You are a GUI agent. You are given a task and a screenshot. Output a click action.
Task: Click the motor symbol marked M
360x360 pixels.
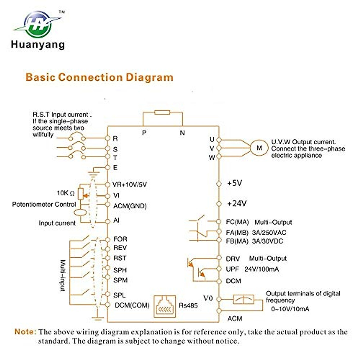(259, 148)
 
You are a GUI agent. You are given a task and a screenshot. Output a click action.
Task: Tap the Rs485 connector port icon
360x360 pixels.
(165, 306)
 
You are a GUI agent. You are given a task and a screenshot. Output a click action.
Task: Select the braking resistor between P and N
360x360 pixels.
(162, 112)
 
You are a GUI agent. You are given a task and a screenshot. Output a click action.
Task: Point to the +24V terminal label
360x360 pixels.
(236, 204)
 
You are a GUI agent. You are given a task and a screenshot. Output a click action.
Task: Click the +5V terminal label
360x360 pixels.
(234, 183)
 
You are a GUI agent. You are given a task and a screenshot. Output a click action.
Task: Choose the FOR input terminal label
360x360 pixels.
(120, 239)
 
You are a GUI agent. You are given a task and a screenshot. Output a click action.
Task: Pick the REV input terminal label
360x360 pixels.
(120, 248)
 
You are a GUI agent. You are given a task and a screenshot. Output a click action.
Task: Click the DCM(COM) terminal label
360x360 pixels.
(132, 305)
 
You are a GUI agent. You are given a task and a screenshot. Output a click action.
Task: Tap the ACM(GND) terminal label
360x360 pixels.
(130, 206)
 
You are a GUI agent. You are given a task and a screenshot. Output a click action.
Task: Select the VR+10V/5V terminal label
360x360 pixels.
(129, 184)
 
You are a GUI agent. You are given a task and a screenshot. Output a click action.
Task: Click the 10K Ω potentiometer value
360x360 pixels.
(65, 193)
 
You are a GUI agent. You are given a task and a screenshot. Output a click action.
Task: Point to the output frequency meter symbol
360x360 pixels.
(244, 299)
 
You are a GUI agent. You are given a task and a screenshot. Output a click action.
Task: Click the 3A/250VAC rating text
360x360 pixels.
(269, 232)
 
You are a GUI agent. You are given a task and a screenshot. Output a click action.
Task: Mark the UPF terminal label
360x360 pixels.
(232, 269)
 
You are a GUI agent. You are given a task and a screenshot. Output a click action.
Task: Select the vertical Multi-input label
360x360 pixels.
(63, 275)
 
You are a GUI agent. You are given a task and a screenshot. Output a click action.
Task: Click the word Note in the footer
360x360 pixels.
(25, 332)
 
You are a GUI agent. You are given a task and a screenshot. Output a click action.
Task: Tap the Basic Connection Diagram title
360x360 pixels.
(99, 77)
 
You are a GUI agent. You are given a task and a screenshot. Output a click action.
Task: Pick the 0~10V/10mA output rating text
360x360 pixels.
(290, 309)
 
